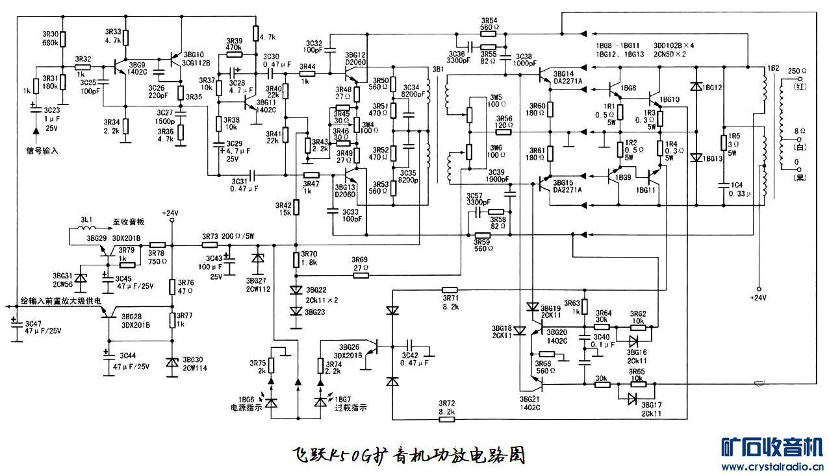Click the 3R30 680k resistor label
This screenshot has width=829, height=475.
(x=50, y=38)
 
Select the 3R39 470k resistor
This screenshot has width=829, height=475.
(x=235, y=55)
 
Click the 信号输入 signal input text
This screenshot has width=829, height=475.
(x=42, y=151)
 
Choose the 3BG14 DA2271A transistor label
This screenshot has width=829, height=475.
(x=568, y=77)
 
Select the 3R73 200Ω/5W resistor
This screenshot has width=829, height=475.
(x=210, y=245)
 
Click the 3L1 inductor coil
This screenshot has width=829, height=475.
(x=88, y=229)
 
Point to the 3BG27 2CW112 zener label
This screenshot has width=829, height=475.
(x=258, y=284)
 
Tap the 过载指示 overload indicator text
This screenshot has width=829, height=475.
(x=351, y=408)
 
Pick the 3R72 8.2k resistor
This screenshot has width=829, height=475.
(x=447, y=419)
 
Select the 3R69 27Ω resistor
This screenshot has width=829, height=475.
(x=361, y=275)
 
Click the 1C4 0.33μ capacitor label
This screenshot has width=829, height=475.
(x=737, y=189)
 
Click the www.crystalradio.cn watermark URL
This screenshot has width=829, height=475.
(x=772, y=466)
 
